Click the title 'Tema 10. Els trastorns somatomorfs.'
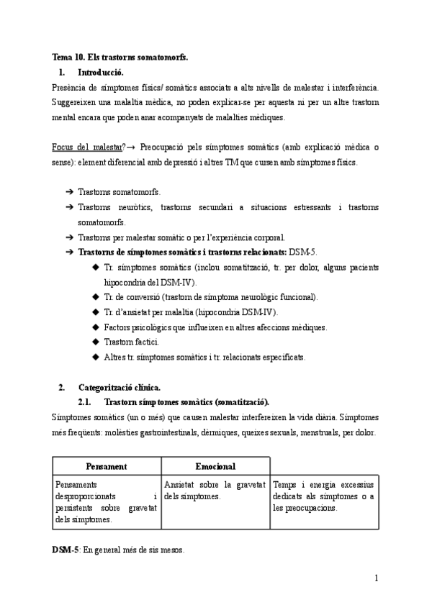[120, 56]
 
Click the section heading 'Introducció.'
[100, 72]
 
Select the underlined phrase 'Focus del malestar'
[86, 147]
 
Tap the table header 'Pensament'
[106, 466]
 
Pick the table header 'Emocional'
[215, 466]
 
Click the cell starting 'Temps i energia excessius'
[323, 496]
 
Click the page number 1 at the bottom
[376, 577]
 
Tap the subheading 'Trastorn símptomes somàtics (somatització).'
[187, 401]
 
